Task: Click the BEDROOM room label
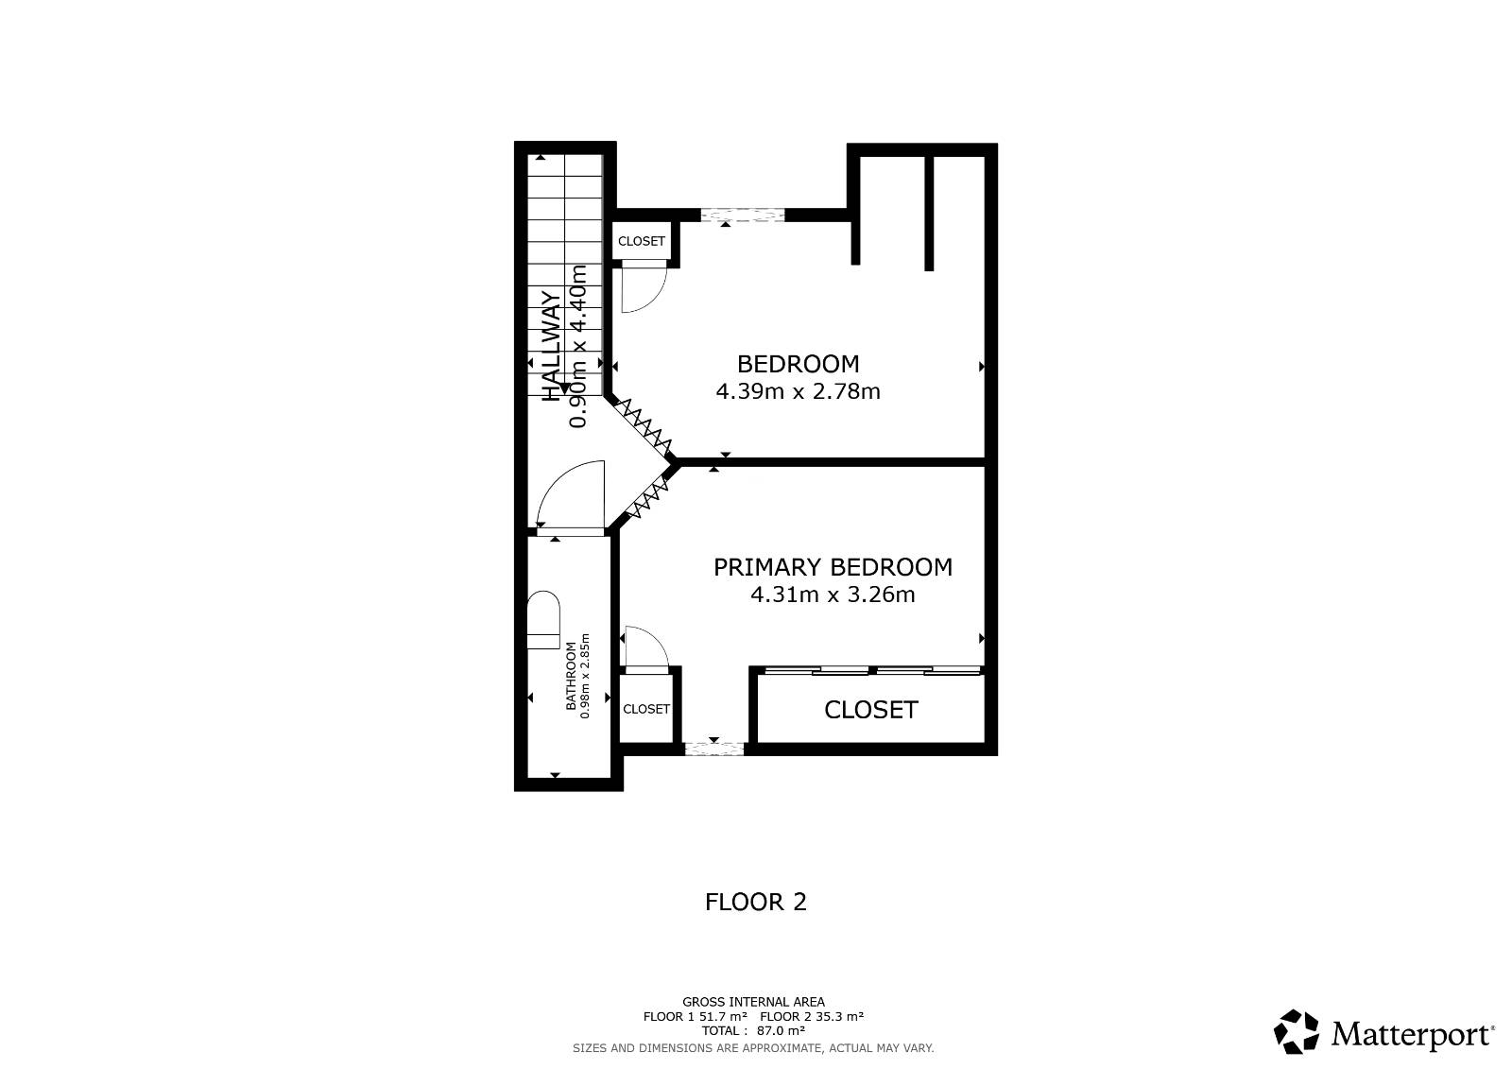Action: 798,364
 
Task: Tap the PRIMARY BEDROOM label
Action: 833,567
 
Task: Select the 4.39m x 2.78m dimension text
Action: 798,391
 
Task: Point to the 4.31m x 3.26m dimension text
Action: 833,595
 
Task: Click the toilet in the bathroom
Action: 543,620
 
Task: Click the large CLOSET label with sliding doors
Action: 870,710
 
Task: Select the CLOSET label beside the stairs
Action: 642,241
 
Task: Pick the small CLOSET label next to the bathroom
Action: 646,709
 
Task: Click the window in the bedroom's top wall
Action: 743,216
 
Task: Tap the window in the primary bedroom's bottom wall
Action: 714,749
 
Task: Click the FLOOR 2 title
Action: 755,903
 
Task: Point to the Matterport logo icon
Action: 1296,1031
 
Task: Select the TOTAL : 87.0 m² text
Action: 753,1030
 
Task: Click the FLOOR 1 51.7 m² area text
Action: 695,1016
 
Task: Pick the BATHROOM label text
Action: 571,676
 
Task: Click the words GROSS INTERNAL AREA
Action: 753,1002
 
